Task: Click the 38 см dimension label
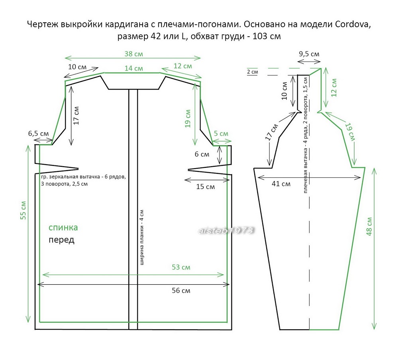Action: [133, 53]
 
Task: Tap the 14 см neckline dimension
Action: [133, 68]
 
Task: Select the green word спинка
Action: [63, 228]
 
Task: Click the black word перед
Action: [61, 240]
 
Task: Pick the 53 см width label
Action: [181, 268]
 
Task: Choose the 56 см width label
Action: [181, 291]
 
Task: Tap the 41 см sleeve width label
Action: [281, 184]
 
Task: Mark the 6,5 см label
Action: [39, 134]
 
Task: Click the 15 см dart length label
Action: [205, 186]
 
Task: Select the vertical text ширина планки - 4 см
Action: [142, 238]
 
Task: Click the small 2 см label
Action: [252, 72]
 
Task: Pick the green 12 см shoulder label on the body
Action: [183, 65]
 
